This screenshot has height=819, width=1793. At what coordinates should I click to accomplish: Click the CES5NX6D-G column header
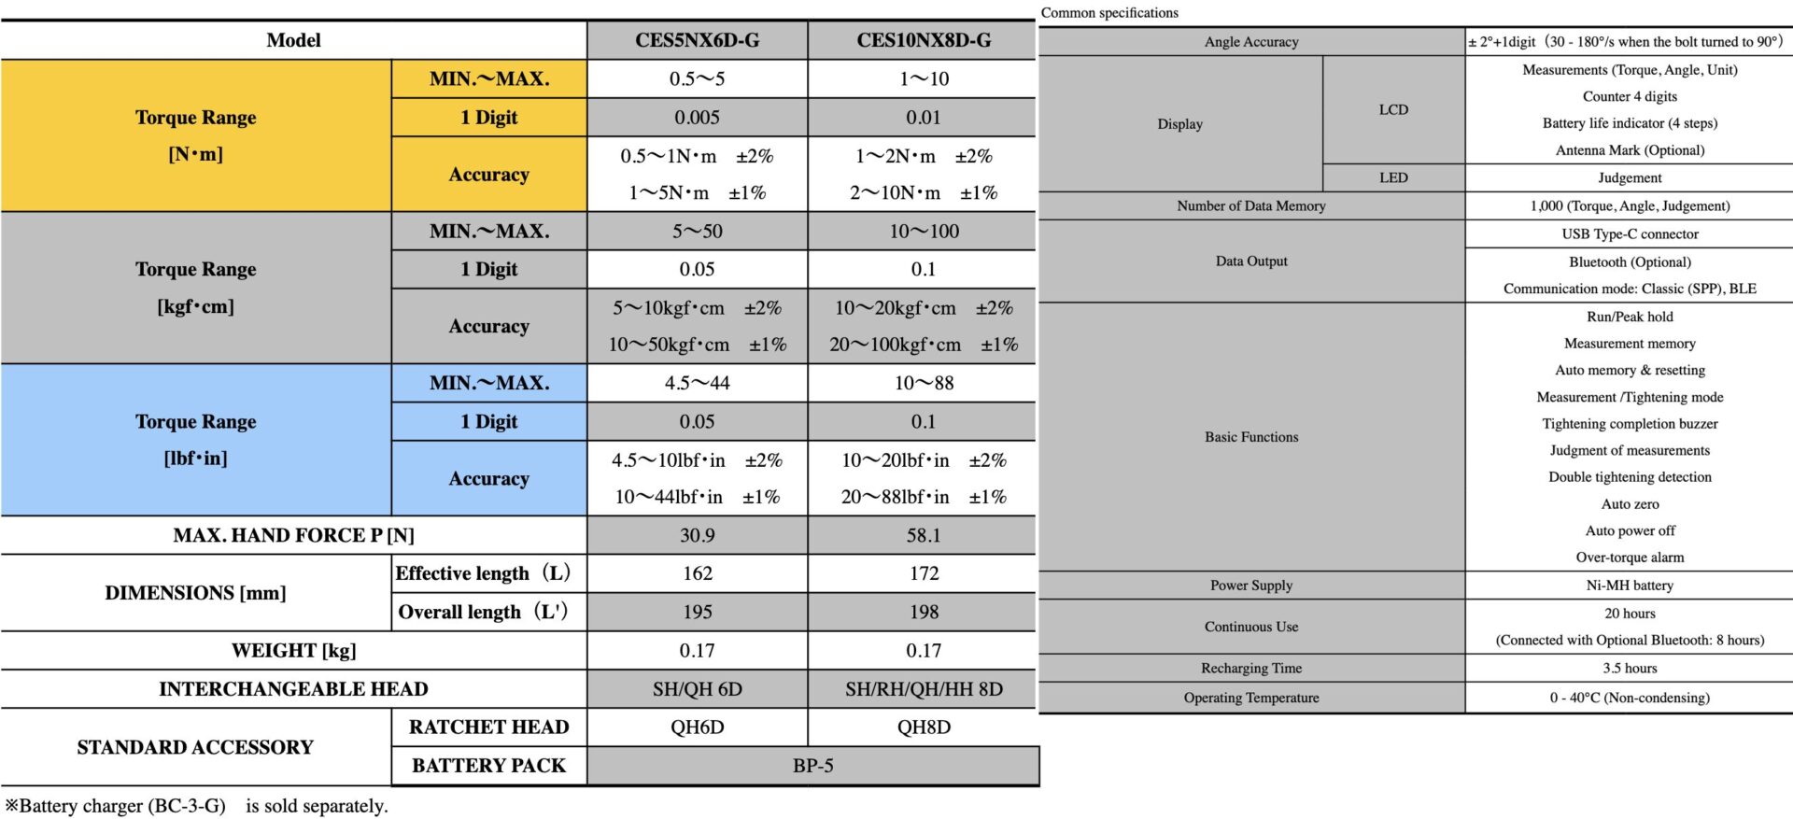[697, 40]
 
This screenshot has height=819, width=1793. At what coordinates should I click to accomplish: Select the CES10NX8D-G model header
[924, 40]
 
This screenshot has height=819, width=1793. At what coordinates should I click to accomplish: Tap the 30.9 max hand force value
[697, 535]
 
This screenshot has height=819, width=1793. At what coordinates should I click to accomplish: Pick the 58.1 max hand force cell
[924, 535]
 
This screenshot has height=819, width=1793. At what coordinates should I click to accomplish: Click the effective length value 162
[697, 573]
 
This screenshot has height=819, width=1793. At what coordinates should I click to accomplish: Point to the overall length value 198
[924, 612]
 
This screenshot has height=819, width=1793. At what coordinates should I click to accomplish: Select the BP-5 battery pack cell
[812, 766]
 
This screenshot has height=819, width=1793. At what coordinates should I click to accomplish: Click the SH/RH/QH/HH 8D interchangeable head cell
[924, 689]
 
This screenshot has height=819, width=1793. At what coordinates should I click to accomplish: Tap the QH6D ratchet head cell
[697, 727]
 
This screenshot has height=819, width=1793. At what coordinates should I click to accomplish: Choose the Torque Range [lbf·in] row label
[195, 440]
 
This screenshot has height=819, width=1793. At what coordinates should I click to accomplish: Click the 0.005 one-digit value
[697, 118]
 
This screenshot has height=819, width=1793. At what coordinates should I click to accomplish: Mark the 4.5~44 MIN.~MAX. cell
[697, 383]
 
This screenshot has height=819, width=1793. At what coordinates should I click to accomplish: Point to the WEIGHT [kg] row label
[293, 651]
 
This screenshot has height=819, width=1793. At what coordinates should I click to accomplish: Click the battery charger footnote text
[196, 806]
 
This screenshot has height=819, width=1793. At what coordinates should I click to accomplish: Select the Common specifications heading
[1109, 13]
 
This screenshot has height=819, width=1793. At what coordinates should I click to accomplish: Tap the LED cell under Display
[1393, 177]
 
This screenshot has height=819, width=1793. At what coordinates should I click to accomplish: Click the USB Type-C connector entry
[1630, 234]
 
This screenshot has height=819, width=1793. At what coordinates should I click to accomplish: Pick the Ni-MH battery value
[1630, 586]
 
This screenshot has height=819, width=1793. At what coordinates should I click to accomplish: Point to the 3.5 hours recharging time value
[1630, 669]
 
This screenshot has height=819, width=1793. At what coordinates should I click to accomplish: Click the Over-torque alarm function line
[1630, 558]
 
